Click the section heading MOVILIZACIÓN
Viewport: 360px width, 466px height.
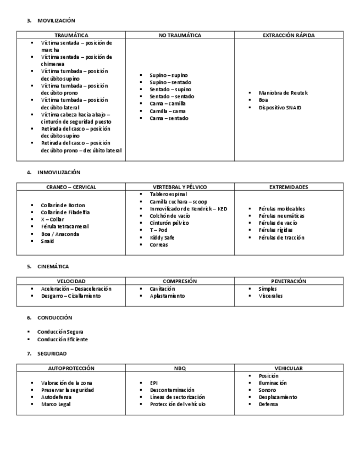[x=56, y=20]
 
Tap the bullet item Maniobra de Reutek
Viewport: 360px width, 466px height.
[x=283, y=93]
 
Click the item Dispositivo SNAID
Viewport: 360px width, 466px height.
[x=280, y=108]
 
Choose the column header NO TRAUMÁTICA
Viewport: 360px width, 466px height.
[x=180, y=35]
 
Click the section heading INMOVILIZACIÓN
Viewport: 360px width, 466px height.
[x=59, y=172]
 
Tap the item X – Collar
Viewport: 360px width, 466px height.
[x=53, y=219]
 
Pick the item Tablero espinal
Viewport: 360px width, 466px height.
[x=168, y=194]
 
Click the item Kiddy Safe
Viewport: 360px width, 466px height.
[x=162, y=237]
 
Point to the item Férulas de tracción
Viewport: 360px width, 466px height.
[x=281, y=237]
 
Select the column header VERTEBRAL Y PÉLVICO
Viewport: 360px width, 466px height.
[x=180, y=187]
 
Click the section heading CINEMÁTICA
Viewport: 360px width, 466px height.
[x=53, y=266]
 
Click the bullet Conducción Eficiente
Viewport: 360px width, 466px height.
[x=62, y=339]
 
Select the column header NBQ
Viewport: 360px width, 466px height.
[x=180, y=368]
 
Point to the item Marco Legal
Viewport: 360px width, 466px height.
[x=56, y=404]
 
